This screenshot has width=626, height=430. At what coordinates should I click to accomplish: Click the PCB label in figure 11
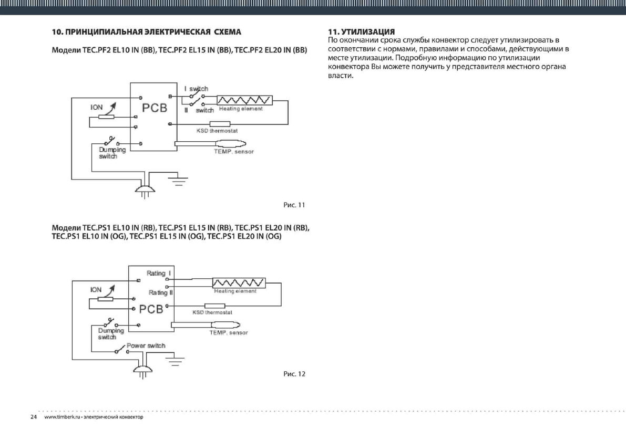click(x=155, y=108)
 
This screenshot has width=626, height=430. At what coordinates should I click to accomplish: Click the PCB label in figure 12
click(x=151, y=309)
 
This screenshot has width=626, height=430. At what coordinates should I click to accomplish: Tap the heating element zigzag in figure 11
click(x=245, y=100)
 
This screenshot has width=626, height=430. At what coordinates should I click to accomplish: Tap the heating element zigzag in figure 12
click(x=239, y=283)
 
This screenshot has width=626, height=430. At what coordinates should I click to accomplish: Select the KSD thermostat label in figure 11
click(x=217, y=131)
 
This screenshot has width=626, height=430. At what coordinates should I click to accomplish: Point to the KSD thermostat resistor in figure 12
click(x=214, y=306)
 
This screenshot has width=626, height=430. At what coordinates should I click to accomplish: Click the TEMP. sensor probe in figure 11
click(x=231, y=144)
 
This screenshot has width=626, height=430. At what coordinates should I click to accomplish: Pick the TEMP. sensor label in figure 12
click(x=229, y=333)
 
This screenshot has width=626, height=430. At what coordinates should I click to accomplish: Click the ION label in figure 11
click(x=97, y=107)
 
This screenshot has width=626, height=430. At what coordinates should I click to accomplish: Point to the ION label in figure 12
click(x=96, y=290)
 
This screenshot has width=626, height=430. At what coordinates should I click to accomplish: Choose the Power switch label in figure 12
click(x=146, y=346)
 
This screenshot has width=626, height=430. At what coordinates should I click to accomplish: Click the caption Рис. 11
click(x=294, y=205)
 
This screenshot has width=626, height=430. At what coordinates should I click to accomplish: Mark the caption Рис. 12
click(x=294, y=374)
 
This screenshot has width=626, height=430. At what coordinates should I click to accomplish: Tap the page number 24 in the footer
click(x=34, y=417)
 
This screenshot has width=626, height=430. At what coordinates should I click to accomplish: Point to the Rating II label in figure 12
click(x=160, y=293)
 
